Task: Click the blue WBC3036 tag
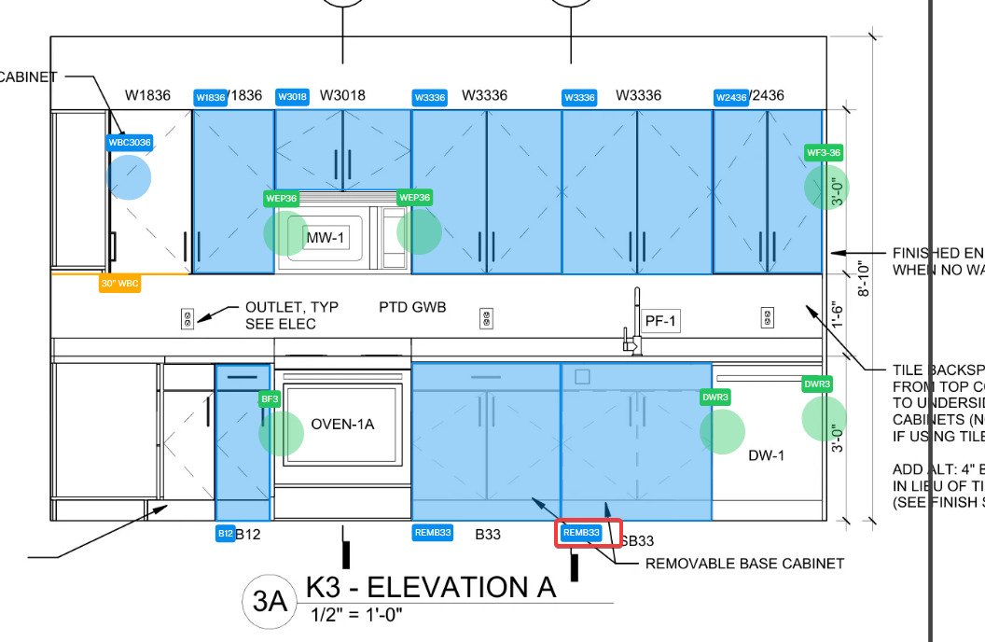coord(130,143)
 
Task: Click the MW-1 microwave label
coord(326,238)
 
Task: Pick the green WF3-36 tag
coord(824,152)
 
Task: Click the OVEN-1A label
coord(342,425)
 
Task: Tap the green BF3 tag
coord(271,399)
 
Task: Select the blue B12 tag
coord(225,534)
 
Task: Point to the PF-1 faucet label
coord(660,322)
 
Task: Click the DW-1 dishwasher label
coord(766,455)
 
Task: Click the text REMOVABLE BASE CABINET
coord(744,564)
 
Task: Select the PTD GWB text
coord(412,307)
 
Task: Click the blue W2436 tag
coord(730,97)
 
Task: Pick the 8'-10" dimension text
coord(864,279)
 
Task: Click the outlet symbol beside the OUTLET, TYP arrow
coord(187,318)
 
